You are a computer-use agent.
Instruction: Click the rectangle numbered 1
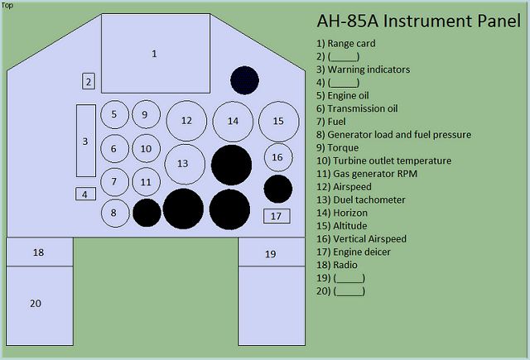point(154,53)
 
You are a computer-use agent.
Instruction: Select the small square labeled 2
point(89,81)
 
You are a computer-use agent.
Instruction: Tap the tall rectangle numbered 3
point(85,141)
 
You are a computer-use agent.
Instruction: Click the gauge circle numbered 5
point(114,115)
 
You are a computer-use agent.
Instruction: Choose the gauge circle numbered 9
point(145,115)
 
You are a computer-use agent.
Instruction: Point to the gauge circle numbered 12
point(186,121)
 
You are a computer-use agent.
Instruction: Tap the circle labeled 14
point(233,121)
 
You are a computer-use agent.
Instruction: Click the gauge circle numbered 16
point(277,156)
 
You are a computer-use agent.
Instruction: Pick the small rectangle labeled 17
point(277,216)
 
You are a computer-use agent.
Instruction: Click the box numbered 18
point(39,252)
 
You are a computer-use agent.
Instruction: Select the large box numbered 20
point(39,304)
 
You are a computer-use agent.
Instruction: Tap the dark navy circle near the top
point(244,79)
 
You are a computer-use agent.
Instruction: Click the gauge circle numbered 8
point(115,213)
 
